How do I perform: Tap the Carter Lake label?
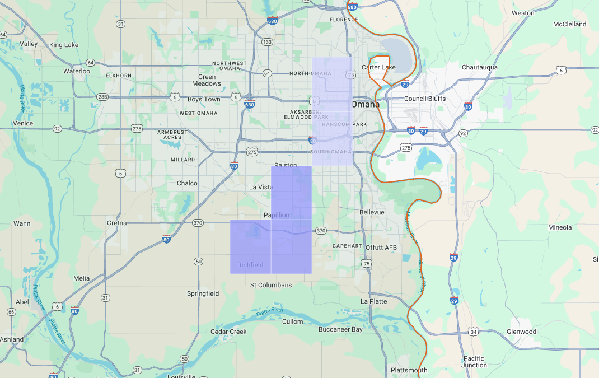click(x=378, y=67)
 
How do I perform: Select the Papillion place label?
click(x=277, y=215)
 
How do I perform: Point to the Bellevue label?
click(x=372, y=212)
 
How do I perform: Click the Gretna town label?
click(x=118, y=223)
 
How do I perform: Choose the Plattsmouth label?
click(x=409, y=370)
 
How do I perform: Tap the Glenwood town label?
click(x=521, y=332)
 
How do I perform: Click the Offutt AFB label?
click(x=381, y=248)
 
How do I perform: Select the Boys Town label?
click(x=204, y=99)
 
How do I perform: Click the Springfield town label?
click(x=203, y=293)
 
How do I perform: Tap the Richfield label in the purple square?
click(x=250, y=265)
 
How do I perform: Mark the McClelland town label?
click(x=569, y=24)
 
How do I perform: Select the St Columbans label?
click(x=271, y=285)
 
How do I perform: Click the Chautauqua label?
click(x=480, y=67)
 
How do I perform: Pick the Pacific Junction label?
click(x=474, y=362)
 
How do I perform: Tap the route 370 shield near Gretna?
click(x=198, y=223)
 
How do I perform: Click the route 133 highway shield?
click(x=268, y=42)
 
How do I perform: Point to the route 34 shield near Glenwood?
click(x=474, y=332)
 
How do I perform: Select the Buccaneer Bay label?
click(x=340, y=329)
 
